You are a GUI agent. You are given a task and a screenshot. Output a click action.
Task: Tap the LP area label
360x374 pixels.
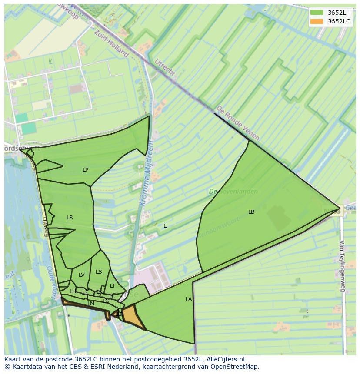[86, 170]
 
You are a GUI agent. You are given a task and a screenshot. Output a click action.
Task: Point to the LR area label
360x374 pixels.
[70, 218]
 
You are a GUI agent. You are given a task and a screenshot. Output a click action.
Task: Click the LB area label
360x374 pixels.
[251, 212]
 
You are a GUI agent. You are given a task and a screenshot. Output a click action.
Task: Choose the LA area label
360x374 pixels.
[189, 299]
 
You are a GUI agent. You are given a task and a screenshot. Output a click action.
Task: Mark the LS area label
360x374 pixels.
[99, 272]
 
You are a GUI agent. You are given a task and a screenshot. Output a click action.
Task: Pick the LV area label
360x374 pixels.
[82, 275]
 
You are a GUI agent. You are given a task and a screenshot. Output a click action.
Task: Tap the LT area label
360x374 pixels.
[113, 286]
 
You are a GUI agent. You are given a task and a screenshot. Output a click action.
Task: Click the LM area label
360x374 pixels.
[91, 304]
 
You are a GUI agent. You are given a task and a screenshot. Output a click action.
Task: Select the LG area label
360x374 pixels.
[106, 301]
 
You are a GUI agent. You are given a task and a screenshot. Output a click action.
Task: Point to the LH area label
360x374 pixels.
[73, 291]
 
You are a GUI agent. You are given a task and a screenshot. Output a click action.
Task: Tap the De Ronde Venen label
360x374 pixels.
[238, 123]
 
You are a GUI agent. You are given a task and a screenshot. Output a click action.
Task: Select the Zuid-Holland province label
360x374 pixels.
[112, 43]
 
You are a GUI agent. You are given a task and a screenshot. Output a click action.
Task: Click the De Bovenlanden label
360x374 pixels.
[233, 191]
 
